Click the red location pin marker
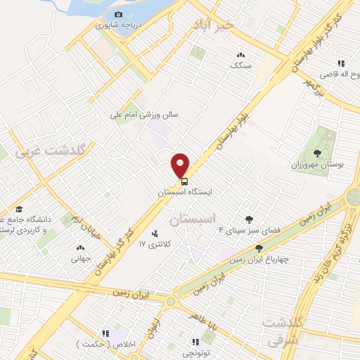181,165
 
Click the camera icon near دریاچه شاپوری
118,14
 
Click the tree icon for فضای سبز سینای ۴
248,219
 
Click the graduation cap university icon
19,210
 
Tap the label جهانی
80,258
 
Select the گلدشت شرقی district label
284,332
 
